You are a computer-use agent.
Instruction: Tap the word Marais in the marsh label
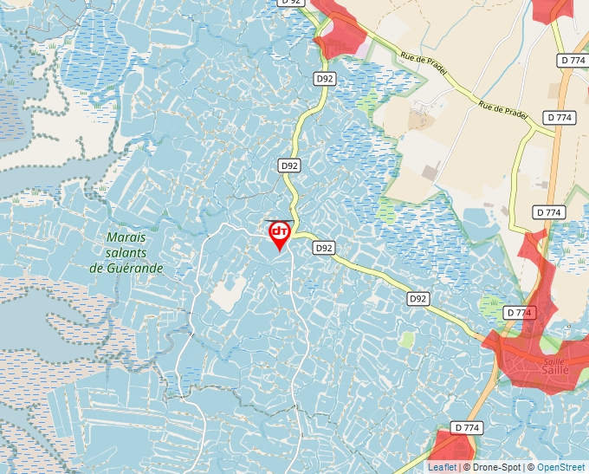[x=126, y=237]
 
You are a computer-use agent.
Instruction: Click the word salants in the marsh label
[x=126, y=252]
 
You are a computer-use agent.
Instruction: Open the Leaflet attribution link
[x=442, y=467]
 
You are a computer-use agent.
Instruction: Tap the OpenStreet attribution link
[x=560, y=467]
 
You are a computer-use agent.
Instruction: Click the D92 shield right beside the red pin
[x=324, y=248]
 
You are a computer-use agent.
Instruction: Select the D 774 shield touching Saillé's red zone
[x=518, y=312]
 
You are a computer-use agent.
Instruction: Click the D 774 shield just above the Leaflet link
[x=466, y=428]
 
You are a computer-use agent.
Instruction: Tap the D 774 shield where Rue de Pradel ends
[x=560, y=117]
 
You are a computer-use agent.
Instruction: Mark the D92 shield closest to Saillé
[x=418, y=298]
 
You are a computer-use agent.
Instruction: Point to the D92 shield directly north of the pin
[x=289, y=165]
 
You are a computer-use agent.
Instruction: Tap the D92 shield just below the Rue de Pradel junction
[x=325, y=78]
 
